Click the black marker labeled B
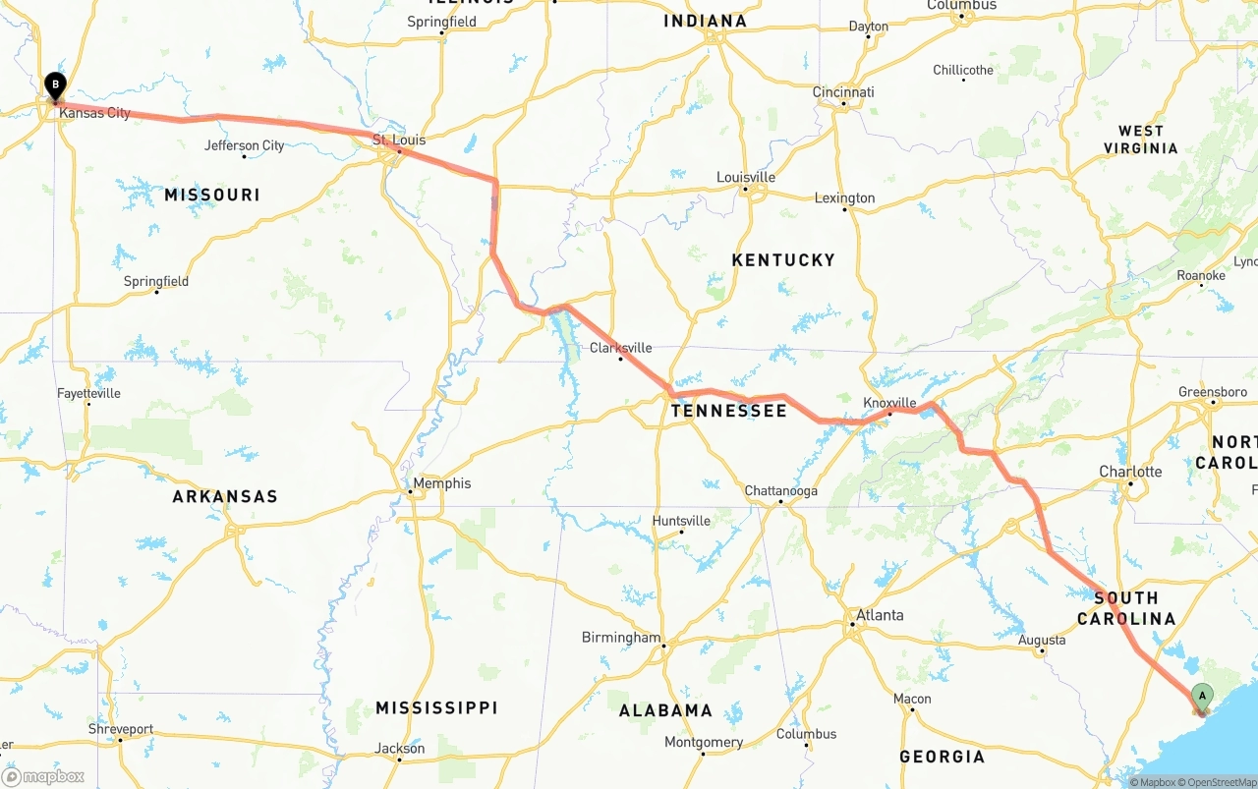pos(56,85)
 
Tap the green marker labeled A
pos(1201,697)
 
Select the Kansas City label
pos(94,113)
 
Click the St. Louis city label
pos(399,141)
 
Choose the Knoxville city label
pos(889,403)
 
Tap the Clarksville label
pos(620,348)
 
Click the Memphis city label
pos(441,483)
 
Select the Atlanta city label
pos(879,616)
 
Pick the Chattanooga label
pos(780,491)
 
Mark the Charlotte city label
pos(1130,472)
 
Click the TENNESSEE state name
pos(728,411)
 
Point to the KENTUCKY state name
pos(783,260)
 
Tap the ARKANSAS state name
pos(225,496)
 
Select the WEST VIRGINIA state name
pos(1140,140)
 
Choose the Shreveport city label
pos(121,729)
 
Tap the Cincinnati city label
pos(843,92)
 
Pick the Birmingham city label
pos(621,638)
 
